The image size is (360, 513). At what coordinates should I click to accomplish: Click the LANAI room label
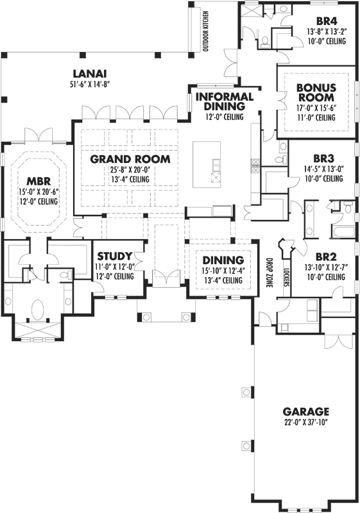click(x=89, y=73)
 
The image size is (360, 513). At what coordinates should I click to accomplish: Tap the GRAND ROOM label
click(x=130, y=158)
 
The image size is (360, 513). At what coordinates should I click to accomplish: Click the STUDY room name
click(x=115, y=255)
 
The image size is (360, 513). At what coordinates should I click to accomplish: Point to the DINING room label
click(x=223, y=260)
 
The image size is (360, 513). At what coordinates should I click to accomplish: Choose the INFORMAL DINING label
click(x=225, y=101)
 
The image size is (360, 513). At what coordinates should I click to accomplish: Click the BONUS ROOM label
click(x=316, y=92)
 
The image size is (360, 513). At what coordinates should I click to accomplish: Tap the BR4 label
click(x=327, y=20)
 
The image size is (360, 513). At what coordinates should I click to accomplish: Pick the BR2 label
click(x=327, y=256)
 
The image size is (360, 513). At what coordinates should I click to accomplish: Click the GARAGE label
click(x=306, y=411)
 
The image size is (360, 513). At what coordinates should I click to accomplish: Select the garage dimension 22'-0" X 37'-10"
click(x=306, y=422)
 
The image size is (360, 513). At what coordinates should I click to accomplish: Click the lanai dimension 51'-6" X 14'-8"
click(x=89, y=84)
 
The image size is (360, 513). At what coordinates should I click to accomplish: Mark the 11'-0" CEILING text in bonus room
click(x=316, y=118)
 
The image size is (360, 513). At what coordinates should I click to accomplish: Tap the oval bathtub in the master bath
click(x=37, y=310)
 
